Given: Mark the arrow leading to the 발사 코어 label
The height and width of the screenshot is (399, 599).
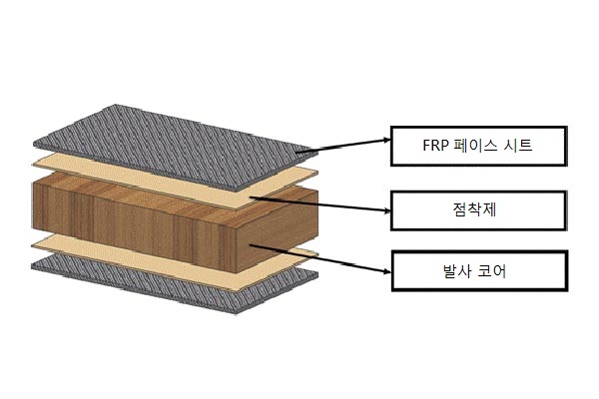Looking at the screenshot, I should coord(319,258).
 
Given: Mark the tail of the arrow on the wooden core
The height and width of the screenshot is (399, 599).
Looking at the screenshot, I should coord(252,245).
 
